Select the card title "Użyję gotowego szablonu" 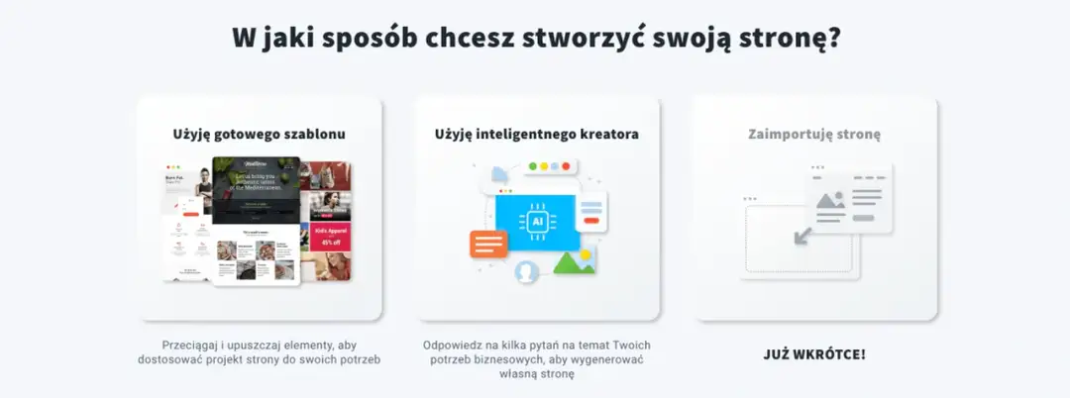(259, 133)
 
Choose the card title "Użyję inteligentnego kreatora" (536, 133)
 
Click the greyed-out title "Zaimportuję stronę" (814, 133)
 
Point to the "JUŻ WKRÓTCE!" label (814, 353)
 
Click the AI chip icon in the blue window (537, 222)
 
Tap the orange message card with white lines (488, 243)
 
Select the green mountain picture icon (575, 261)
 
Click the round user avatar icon (526, 270)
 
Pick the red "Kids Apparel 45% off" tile (330, 236)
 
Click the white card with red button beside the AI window (591, 213)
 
